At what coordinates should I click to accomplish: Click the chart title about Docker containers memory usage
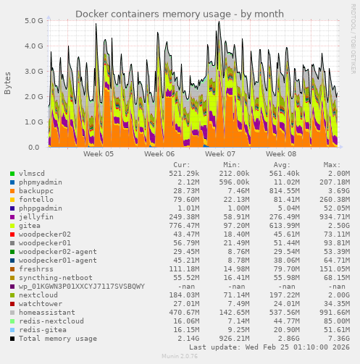click(x=180, y=14)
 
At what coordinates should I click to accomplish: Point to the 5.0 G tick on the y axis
click(x=34, y=20)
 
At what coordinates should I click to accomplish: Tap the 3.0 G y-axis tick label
click(x=34, y=71)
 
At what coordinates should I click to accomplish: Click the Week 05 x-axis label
click(x=99, y=154)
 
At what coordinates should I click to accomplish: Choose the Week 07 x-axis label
click(x=220, y=154)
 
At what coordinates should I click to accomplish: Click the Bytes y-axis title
click(x=8, y=83)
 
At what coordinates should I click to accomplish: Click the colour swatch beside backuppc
click(x=12, y=191)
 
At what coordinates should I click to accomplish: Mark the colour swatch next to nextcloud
click(x=12, y=295)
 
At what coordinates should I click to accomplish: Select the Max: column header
click(x=332, y=164)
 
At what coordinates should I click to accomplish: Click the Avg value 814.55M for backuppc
click(x=280, y=191)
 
